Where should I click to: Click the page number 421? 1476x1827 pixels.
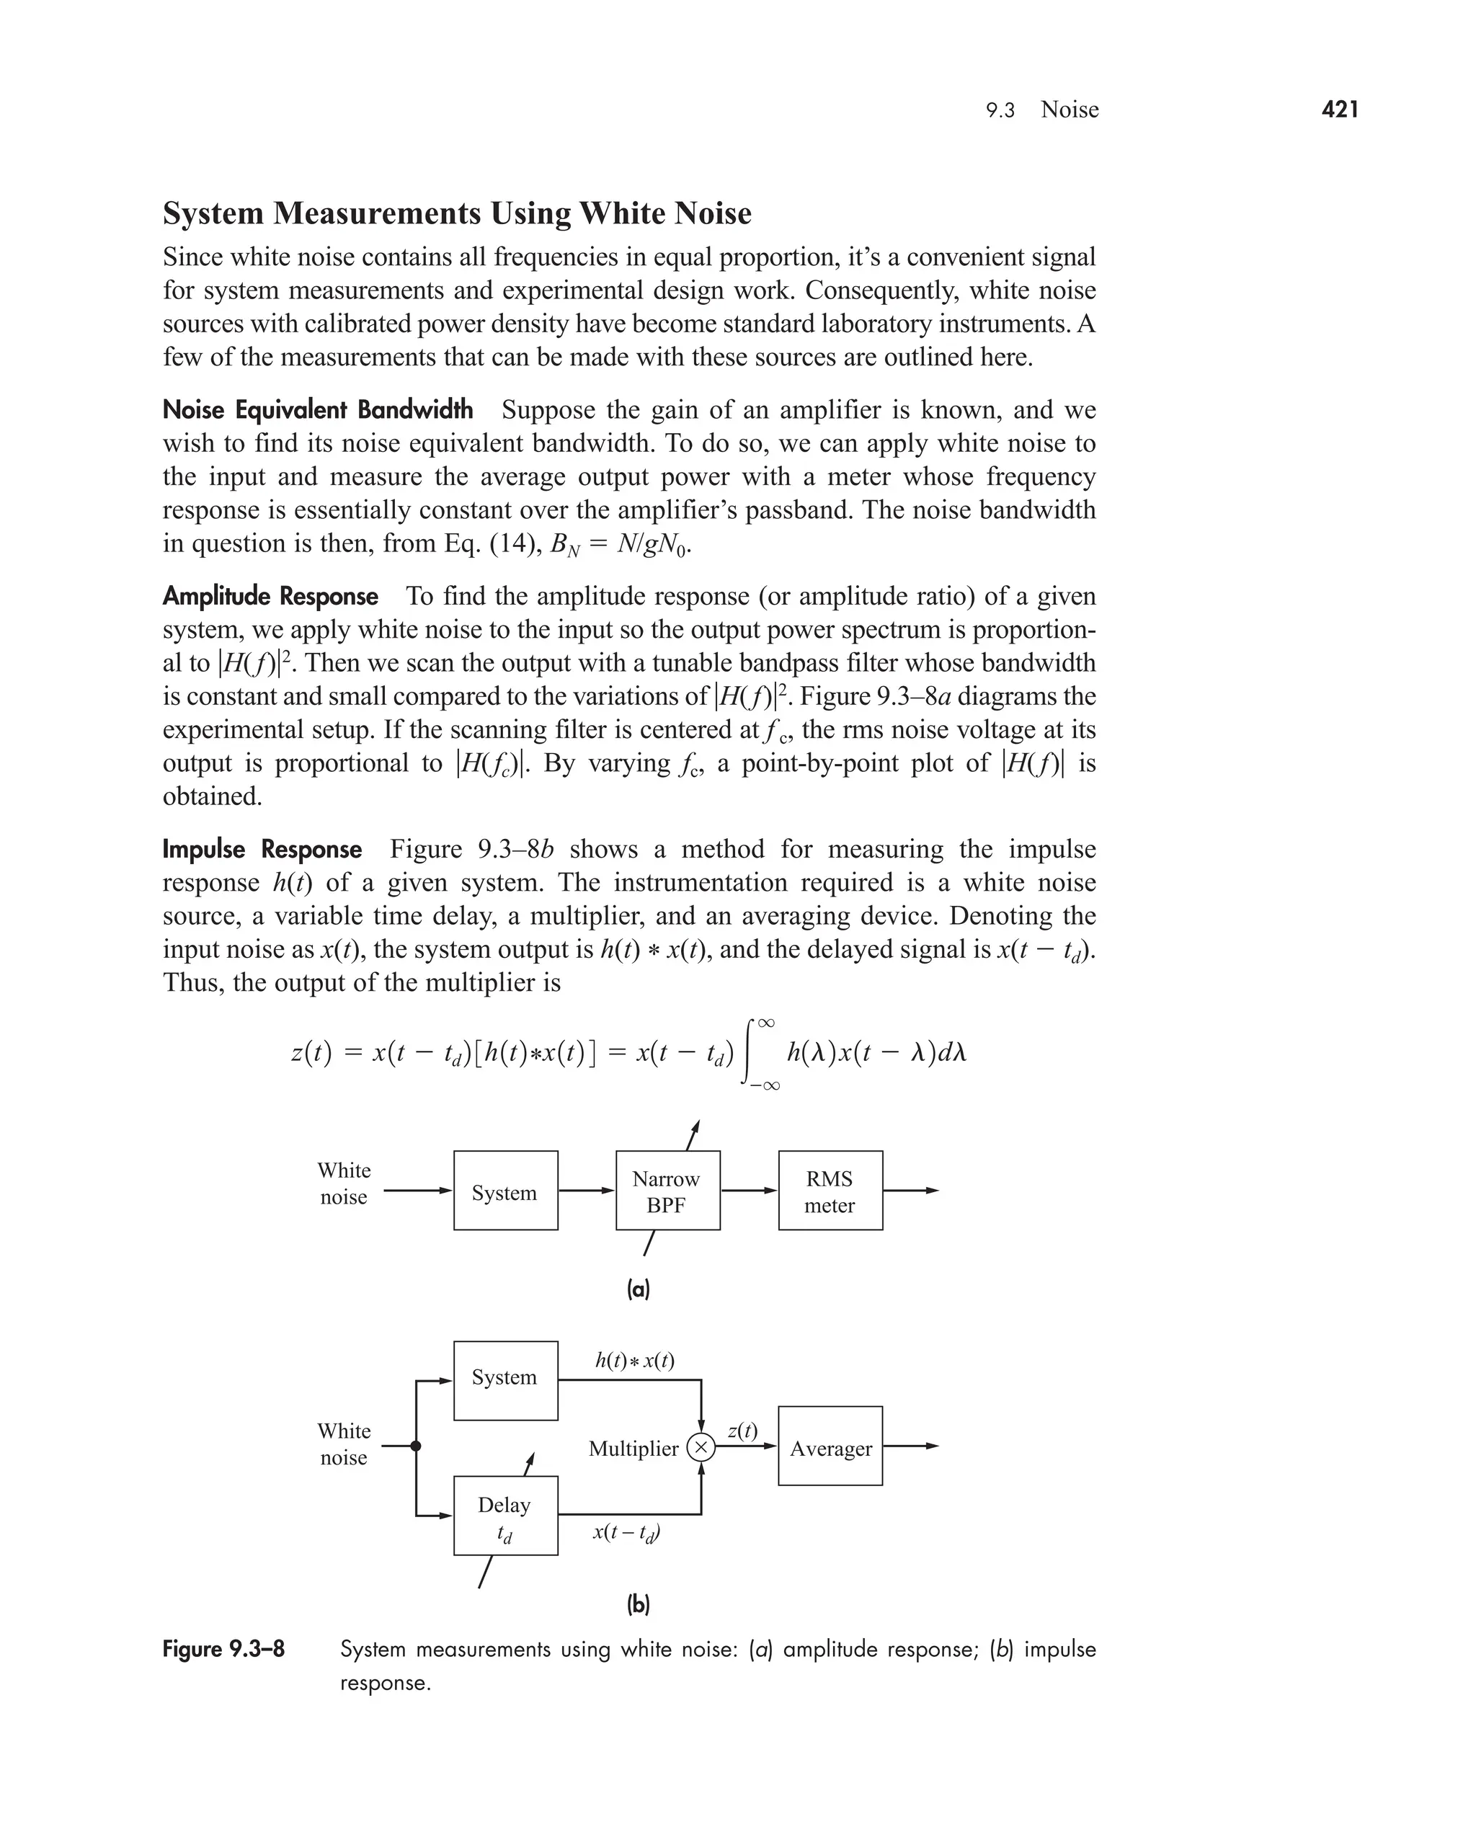pyautogui.click(x=1340, y=110)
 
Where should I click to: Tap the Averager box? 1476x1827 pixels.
pyautogui.click(x=830, y=1449)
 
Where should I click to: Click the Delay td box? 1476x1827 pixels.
pyautogui.click(x=505, y=1518)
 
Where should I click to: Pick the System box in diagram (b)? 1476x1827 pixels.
pyautogui.click(x=505, y=1380)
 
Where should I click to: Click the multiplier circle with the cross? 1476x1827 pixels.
pyautogui.click(x=701, y=1447)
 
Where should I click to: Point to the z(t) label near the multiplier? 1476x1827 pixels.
pyautogui.click(x=742, y=1430)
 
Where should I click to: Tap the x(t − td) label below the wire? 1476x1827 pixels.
pyautogui.click(x=626, y=1532)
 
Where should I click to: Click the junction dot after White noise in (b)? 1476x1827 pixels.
pyautogui.click(x=416, y=1446)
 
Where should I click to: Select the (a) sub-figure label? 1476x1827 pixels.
pyautogui.click(x=638, y=1289)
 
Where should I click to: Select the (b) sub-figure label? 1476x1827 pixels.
pyautogui.click(x=638, y=1604)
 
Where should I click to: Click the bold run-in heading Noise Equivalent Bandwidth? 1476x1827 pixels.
pyautogui.click(x=317, y=410)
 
